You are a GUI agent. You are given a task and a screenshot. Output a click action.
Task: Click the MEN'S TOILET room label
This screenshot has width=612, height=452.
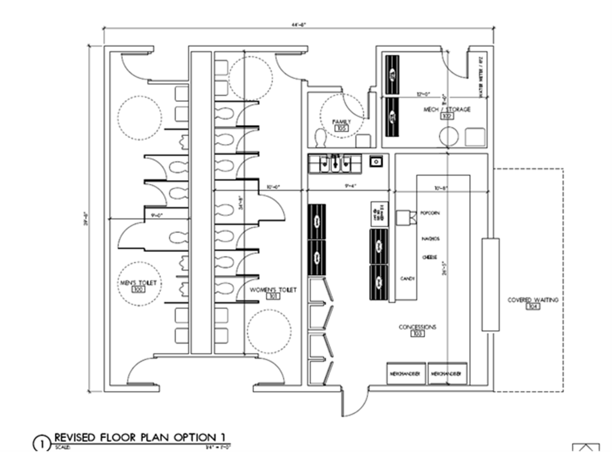pos(139,282)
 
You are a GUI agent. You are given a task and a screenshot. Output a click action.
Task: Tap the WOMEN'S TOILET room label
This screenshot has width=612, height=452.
pos(273,290)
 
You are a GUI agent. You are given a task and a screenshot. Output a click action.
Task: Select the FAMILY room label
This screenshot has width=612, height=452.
pos(341,122)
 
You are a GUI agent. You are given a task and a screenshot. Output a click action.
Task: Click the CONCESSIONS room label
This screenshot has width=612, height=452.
pos(417,327)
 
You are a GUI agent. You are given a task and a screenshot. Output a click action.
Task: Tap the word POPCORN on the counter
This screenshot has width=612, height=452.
pos(430,213)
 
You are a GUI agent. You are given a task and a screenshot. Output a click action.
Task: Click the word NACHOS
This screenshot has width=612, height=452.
pos(431,239)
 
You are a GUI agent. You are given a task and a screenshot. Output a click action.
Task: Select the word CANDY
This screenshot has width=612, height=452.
pos(407,279)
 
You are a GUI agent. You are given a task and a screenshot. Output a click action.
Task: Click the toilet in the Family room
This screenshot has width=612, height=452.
pos(320,138)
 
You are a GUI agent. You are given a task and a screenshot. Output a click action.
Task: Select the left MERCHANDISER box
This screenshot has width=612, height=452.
pos(406,373)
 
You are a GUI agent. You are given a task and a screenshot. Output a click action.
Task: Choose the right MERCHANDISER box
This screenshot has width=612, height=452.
pos(447,373)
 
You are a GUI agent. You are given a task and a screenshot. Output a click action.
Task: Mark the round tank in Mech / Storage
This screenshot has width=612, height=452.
pos(449,137)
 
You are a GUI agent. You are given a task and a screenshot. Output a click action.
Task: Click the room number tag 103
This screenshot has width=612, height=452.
pos(417,334)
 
